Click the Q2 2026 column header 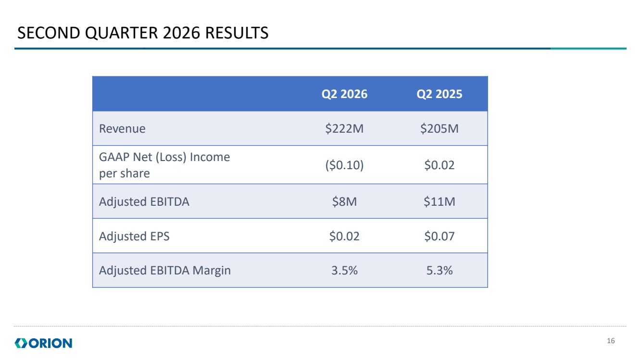click(x=344, y=94)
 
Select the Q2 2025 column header click(x=439, y=94)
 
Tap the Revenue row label click(x=122, y=129)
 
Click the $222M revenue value click(x=344, y=129)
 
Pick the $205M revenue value click(x=439, y=129)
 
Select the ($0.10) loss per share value click(x=344, y=165)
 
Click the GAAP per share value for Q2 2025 click(x=439, y=165)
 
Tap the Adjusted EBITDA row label click(x=144, y=201)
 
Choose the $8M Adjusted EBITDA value click(x=344, y=201)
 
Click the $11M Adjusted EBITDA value click(x=439, y=201)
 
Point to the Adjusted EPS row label click(x=134, y=236)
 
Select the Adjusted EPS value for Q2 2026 click(x=344, y=236)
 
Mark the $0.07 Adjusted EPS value click(x=439, y=236)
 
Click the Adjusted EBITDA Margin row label click(x=165, y=271)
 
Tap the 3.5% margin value click(x=344, y=271)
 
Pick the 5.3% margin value click(x=439, y=271)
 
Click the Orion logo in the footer click(x=43, y=343)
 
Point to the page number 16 click(x=611, y=341)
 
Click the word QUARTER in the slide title click(x=121, y=33)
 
